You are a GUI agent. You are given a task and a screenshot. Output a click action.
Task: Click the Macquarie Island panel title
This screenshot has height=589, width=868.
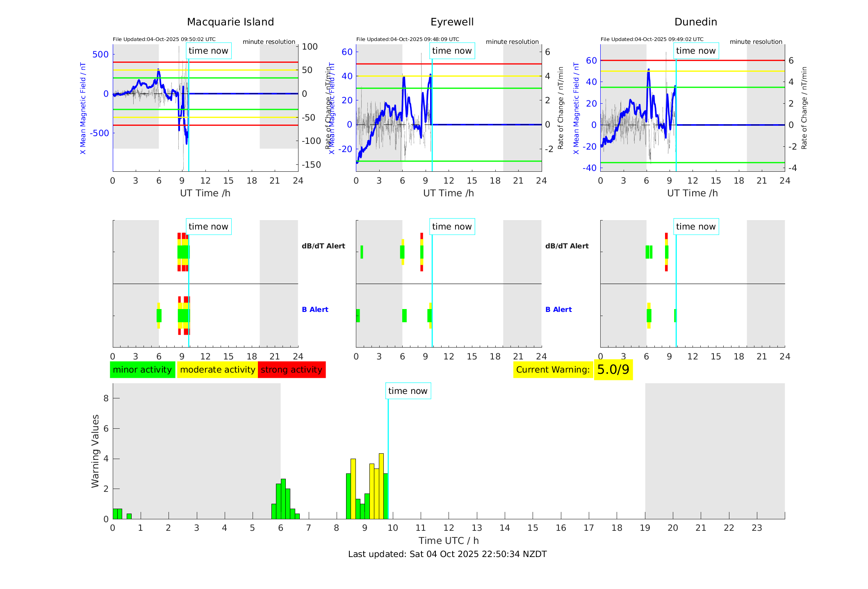coord(230,22)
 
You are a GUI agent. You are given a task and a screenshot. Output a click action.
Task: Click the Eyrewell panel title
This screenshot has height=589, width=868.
coord(452,22)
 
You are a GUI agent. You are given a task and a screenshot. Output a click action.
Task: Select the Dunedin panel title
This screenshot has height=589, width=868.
coord(695,22)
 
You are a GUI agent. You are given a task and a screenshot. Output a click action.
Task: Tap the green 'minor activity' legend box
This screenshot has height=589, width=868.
coord(142,370)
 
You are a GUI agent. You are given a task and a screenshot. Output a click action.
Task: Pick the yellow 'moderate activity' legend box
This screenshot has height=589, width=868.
coord(217,370)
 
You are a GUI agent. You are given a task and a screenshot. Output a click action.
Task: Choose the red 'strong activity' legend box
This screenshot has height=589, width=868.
coord(292,370)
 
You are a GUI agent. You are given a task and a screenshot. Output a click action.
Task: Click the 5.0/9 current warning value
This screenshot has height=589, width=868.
coord(613,370)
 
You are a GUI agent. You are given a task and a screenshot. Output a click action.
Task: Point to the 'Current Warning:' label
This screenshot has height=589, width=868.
coord(553,370)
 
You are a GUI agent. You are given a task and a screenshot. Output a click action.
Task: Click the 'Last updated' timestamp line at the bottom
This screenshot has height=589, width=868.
coord(447,554)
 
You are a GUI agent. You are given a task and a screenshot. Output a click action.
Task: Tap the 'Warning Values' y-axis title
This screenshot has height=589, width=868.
coord(95,451)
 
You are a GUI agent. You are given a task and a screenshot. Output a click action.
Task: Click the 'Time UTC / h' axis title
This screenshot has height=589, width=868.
coord(449,541)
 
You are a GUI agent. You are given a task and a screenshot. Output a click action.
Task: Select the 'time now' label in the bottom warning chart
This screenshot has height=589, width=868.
coord(408,391)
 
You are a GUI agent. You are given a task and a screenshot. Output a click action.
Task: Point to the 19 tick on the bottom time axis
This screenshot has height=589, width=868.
coord(645,528)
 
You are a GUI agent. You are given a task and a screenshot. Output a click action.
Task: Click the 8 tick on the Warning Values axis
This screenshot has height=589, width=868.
coord(106,398)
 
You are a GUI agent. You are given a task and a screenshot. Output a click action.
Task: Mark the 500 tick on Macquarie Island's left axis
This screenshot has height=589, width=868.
coord(100,55)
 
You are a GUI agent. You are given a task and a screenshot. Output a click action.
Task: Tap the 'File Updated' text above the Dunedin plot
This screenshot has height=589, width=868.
coord(652,39)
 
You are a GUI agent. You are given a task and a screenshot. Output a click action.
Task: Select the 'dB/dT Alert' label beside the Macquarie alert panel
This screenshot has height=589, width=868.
coord(323,246)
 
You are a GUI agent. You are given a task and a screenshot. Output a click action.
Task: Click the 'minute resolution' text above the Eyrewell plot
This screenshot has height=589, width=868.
coord(512,42)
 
